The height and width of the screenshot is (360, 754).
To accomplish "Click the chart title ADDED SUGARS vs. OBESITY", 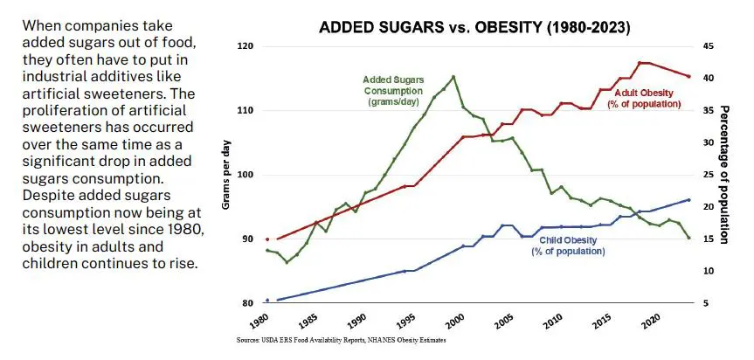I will pos(474,27).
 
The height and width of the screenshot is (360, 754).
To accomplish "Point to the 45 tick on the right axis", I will pos(709,46).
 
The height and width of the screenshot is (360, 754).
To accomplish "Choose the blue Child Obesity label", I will pos(568,246).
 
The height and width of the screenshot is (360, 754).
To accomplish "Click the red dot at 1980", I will pos(267,239).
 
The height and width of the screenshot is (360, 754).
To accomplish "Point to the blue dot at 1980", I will pos(267,300).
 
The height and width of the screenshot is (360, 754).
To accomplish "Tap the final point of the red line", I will pos(688,77).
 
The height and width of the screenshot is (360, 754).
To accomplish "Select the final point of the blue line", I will pos(688,200).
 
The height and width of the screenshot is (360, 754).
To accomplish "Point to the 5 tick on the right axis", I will pos(706,303).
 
